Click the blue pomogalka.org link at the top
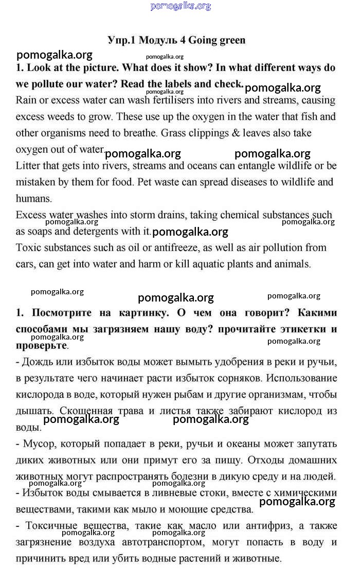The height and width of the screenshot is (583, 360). (x=181, y=6)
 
